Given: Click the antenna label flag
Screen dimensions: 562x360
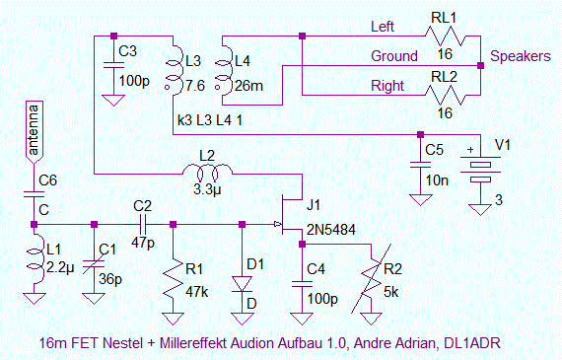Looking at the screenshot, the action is pyautogui.click(x=34, y=131).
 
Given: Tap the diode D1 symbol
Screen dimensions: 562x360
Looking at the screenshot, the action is pyautogui.click(x=242, y=284).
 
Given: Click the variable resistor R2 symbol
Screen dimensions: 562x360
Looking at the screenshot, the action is pyautogui.click(x=371, y=278).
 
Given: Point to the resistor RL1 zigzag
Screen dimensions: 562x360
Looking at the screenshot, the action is pyautogui.click(x=445, y=36).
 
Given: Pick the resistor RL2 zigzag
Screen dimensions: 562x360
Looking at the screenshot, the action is pyautogui.click(x=445, y=95).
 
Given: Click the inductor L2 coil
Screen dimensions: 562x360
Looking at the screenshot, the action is pyautogui.click(x=207, y=172).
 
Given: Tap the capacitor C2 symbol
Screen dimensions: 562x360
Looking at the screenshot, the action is pyautogui.click(x=142, y=225).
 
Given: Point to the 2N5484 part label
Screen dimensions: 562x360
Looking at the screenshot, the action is pyautogui.click(x=331, y=230).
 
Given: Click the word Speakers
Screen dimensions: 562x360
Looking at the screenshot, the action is pyautogui.click(x=520, y=56).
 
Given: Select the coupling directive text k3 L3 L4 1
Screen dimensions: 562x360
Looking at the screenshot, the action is pyautogui.click(x=210, y=120).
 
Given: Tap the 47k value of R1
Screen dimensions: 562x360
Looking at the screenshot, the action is pyautogui.click(x=197, y=292).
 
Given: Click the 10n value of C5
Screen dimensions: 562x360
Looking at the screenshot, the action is pyautogui.click(x=437, y=180).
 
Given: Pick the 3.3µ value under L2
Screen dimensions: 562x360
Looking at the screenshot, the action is pyautogui.click(x=207, y=189).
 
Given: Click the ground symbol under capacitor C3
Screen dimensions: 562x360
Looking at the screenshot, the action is pyautogui.click(x=113, y=100).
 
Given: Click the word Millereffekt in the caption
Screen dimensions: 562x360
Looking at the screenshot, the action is pyautogui.click(x=193, y=343).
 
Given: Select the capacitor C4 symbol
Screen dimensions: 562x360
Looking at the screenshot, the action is pyautogui.click(x=302, y=284).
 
